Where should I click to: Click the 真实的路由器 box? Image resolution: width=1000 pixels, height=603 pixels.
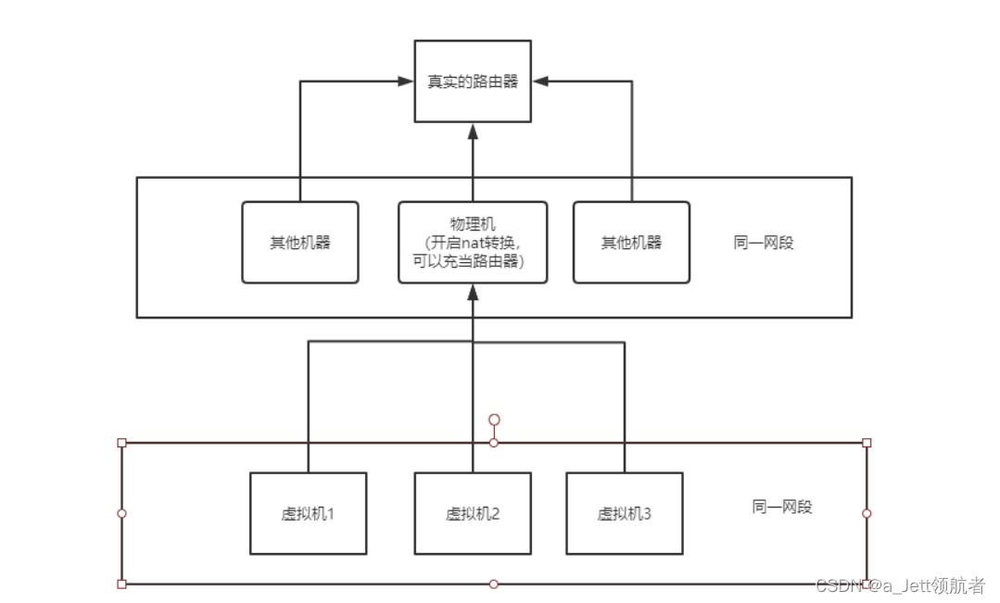473,82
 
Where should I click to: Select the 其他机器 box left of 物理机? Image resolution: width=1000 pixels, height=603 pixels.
299,243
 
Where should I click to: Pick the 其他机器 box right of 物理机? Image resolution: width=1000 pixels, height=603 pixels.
631,243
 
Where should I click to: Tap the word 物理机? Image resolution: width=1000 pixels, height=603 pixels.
473,224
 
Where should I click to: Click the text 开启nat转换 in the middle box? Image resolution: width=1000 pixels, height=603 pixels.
473,243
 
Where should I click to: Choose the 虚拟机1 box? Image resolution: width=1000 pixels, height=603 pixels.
308,513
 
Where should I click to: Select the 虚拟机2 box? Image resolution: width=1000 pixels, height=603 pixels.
473,513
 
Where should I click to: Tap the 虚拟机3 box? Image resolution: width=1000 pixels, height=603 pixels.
624,513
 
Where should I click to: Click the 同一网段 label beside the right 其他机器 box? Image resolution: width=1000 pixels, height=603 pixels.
764,243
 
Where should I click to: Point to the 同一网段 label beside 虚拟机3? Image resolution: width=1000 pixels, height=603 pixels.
782,507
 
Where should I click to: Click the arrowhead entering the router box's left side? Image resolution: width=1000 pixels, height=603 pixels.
406,82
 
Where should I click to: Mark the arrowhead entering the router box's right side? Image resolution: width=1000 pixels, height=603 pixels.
540,82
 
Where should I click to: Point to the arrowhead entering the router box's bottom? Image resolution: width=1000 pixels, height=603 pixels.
473,131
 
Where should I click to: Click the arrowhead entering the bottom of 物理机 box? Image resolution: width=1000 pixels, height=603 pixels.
473,291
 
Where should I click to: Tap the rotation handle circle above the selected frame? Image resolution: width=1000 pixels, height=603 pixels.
494,420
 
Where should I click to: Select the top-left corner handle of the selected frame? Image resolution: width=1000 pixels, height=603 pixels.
121,443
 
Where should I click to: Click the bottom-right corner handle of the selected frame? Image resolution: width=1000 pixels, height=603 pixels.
867,584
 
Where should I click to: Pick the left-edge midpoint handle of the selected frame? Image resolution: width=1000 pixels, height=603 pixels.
121,513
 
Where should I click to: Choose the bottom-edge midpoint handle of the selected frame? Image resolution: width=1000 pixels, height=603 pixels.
494,584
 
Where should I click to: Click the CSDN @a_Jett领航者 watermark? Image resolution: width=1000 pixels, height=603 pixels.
899,585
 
